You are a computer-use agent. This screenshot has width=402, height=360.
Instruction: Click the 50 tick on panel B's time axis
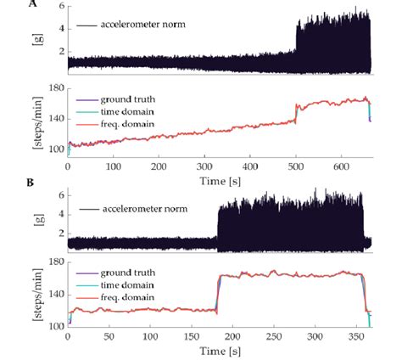click(x=109, y=337)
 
